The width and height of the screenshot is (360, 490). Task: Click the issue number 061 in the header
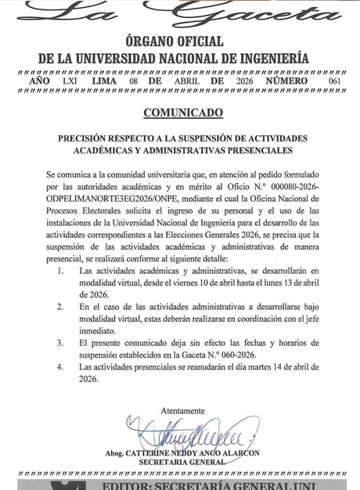[335, 81]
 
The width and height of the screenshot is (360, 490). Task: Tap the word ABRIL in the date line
[186, 81]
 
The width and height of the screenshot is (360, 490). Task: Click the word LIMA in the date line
[104, 81]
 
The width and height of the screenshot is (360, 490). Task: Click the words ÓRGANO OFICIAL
[174, 41]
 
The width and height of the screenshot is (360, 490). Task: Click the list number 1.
[61, 270]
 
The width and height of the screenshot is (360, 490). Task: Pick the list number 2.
[61, 307]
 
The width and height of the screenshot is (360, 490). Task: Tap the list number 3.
[61, 342]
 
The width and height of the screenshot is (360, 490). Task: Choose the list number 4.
[61, 366]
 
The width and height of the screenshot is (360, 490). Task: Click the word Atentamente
[182, 411]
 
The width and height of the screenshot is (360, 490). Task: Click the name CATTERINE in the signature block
[160, 453]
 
